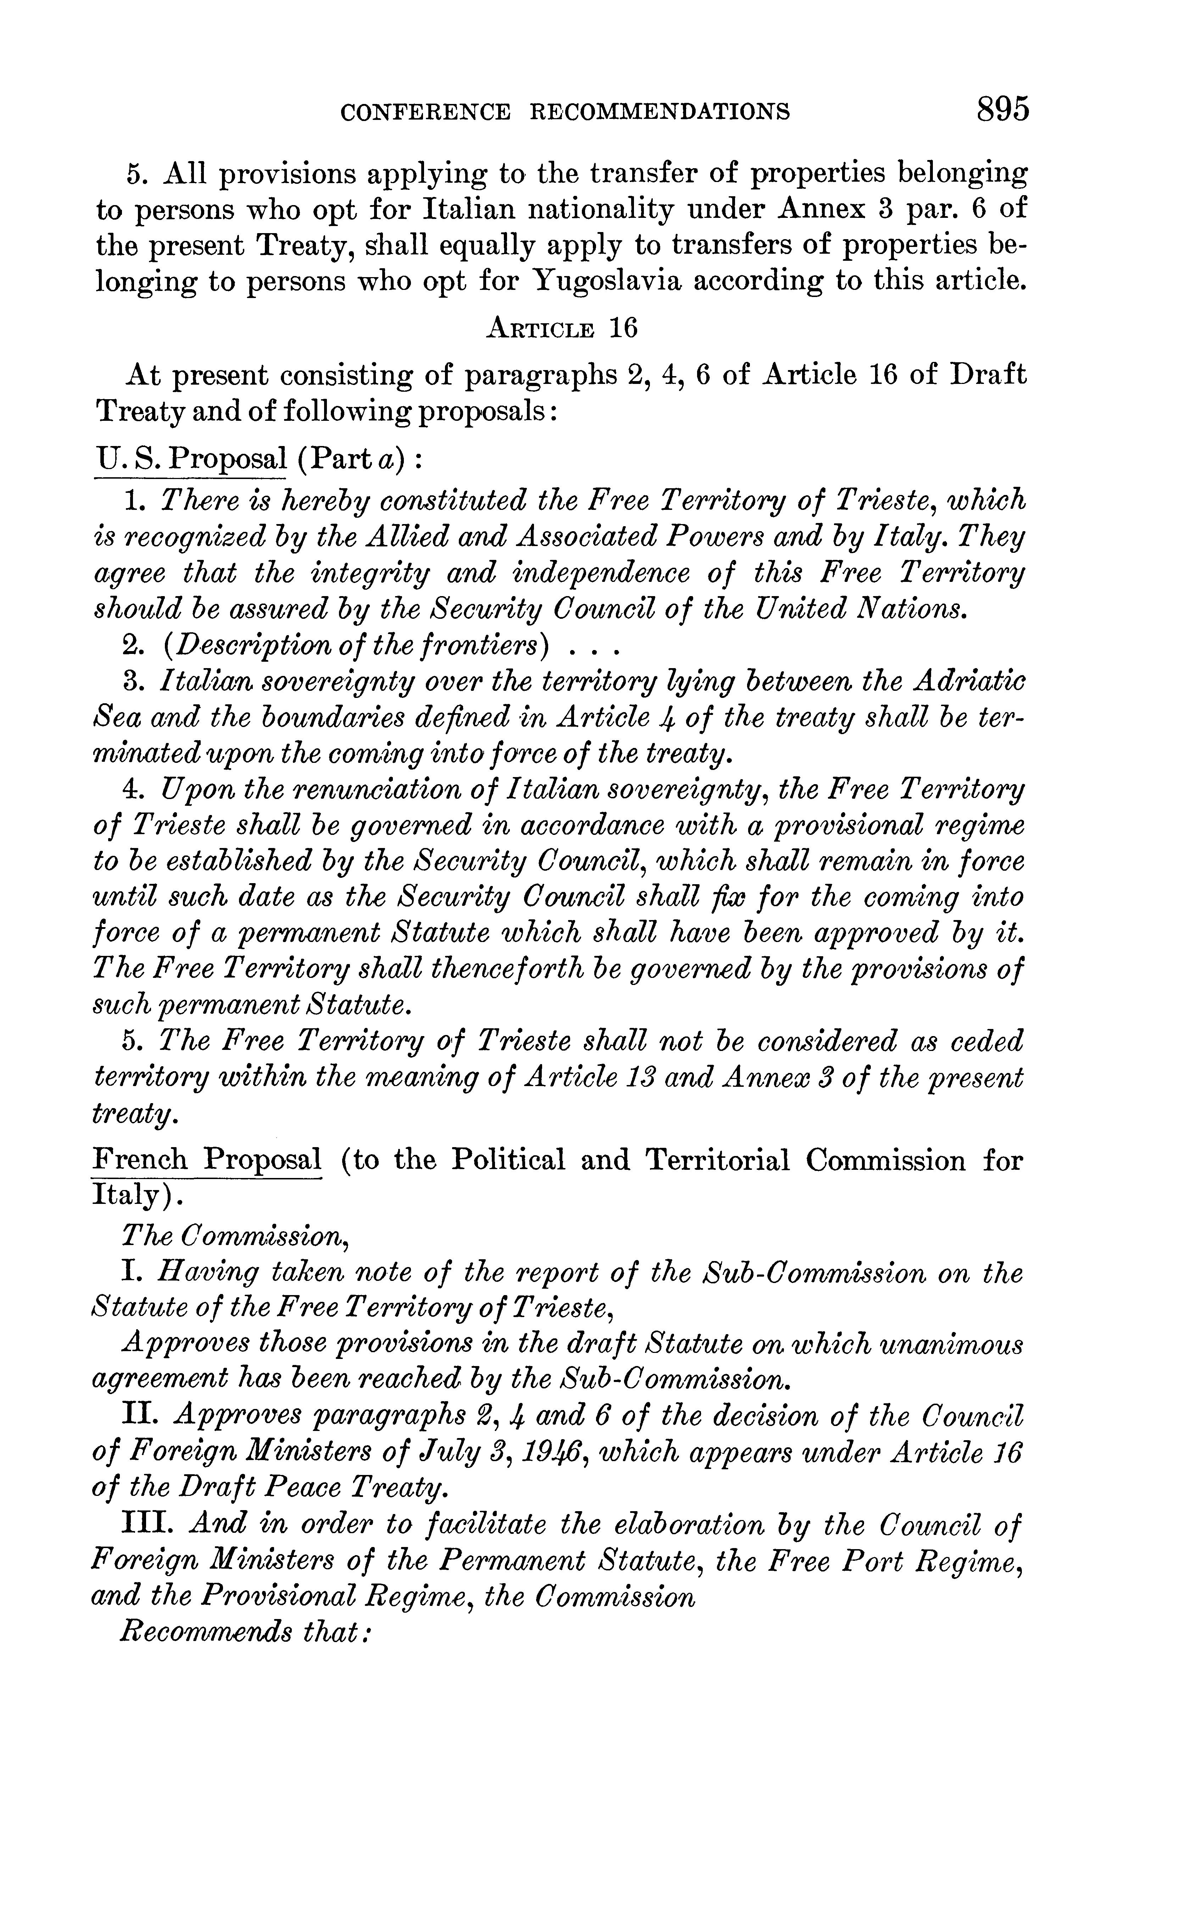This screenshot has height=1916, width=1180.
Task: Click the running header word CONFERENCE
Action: tap(425, 113)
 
